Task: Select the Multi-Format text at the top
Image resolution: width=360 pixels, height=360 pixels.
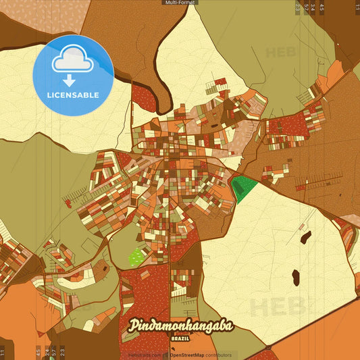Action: tap(180, 3)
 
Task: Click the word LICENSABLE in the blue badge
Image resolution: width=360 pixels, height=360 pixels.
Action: tap(72, 95)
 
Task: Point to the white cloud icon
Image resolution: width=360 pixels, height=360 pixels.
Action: tap(73, 59)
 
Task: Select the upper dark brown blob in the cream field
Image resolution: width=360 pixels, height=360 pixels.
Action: tap(305, 238)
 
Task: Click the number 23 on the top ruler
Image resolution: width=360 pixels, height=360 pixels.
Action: tap(298, 8)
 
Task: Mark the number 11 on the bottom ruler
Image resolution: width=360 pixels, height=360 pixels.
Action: tap(3, 352)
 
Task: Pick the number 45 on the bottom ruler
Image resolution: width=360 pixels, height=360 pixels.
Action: tap(38, 352)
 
